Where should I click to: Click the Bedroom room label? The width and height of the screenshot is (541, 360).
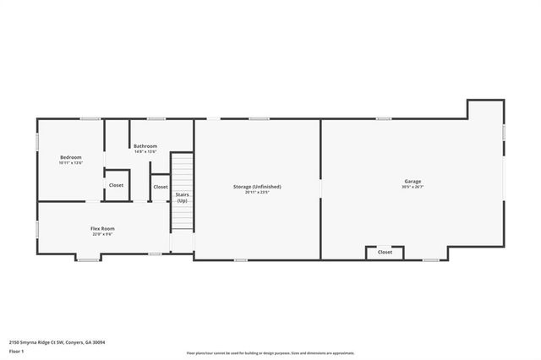click(70, 157)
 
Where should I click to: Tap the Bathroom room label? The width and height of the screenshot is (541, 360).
click(145, 146)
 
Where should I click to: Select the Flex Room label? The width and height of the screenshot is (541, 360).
click(102, 228)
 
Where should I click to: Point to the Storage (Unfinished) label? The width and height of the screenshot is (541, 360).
click(257, 186)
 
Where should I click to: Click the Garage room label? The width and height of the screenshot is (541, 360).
click(413, 181)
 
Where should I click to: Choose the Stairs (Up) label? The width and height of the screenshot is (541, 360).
click(182, 197)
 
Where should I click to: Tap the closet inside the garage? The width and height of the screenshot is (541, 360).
click(385, 252)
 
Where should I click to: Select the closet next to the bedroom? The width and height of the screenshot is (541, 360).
click(116, 185)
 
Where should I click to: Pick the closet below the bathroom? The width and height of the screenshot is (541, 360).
click(160, 187)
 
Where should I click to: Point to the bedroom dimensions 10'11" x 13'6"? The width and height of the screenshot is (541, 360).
click(70, 163)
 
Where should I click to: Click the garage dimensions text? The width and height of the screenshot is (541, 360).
click(413, 187)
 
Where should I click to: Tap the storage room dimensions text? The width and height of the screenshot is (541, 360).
click(257, 192)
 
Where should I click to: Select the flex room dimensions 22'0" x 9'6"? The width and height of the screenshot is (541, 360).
click(102, 234)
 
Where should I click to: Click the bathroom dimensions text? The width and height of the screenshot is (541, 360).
click(145, 152)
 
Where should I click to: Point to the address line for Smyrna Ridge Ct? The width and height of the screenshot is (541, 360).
click(57, 342)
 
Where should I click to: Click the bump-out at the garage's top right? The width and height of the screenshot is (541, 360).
click(485, 110)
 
